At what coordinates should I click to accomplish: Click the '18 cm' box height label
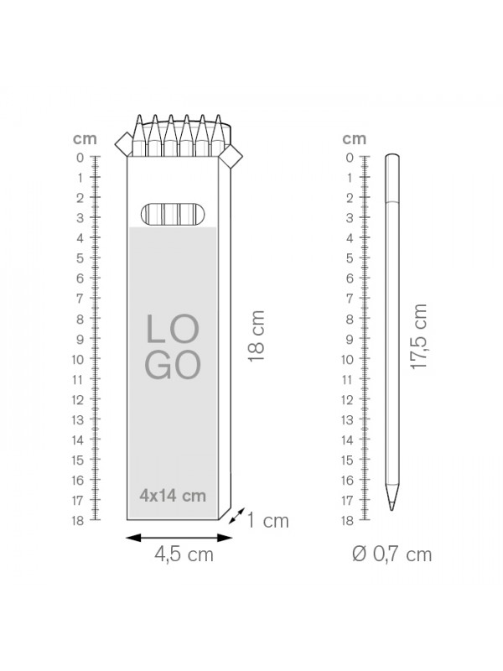(x=257, y=336)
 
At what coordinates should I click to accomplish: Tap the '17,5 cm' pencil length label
(x=418, y=336)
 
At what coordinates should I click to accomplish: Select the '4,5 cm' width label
(x=184, y=555)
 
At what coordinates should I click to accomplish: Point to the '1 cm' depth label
(x=268, y=521)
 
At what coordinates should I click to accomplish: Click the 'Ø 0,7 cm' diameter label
(x=392, y=554)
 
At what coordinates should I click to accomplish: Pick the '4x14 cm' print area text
(x=173, y=496)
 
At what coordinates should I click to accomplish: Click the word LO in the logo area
(x=173, y=329)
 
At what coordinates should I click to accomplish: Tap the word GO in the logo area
(x=173, y=365)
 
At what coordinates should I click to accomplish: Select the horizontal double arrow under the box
(x=179, y=538)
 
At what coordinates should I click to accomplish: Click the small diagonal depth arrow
(x=236, y=516)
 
